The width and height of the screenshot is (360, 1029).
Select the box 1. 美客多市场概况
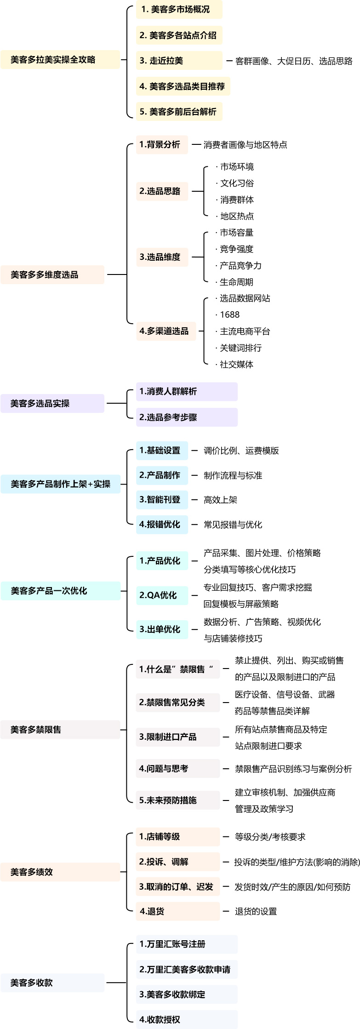tap(179, 10)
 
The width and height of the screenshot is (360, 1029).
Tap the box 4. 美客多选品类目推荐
tap(183, 86)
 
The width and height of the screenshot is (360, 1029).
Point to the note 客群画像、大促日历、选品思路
tap(294, 61)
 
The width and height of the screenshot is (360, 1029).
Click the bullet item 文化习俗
tap(236, 183)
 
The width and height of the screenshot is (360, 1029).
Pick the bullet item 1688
tap(229, 315)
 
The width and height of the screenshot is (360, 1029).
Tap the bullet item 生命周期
tap(236, 282)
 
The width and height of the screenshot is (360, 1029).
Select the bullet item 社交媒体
tap(236, 365)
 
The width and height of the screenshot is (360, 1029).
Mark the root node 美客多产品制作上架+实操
tap(60, 484)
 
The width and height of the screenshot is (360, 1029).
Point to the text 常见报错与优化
tap(233, 525)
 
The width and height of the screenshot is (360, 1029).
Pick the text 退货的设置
tap(256, 911)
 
